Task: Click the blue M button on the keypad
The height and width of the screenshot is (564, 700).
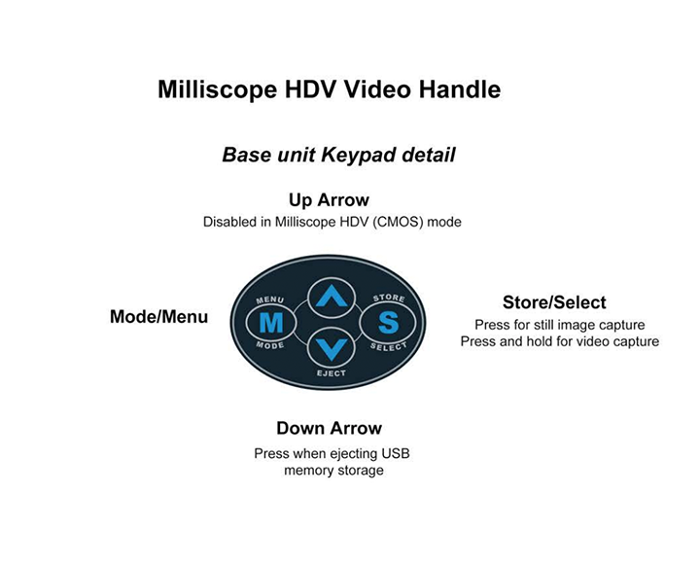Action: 270,323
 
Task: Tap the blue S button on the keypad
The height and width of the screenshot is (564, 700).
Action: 388,323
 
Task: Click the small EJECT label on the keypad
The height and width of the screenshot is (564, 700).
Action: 332,373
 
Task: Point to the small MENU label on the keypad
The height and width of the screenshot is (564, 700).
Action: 269,300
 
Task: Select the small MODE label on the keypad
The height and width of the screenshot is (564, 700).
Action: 270,345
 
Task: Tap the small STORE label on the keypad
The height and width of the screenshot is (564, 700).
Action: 389,298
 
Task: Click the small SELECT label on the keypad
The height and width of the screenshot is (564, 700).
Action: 388,346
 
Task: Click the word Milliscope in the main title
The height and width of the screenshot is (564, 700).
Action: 218,89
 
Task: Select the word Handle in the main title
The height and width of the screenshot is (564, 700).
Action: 459,88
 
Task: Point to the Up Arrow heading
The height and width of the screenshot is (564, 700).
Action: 329,200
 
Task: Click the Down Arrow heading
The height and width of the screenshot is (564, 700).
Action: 329,428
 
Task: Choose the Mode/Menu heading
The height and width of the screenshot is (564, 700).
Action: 158,317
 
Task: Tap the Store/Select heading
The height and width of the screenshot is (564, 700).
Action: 554,302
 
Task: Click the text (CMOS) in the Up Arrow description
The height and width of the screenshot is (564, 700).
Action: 398,222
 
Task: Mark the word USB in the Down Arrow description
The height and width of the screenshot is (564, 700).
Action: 395,453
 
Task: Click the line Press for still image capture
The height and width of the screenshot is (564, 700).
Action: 560,325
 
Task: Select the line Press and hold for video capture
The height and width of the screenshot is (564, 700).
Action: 560,341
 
